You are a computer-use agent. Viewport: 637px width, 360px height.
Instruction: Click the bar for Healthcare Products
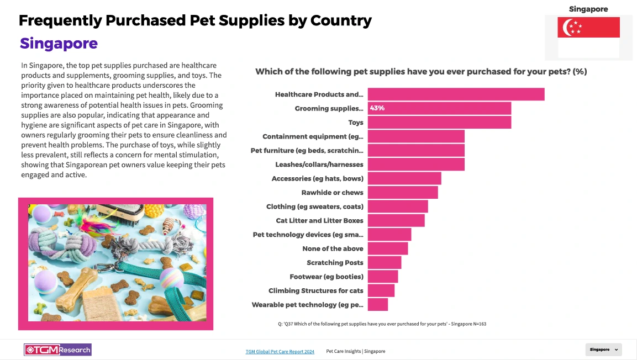[x=456, y=94]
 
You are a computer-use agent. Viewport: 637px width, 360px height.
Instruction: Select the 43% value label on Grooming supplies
[x=377, y=108]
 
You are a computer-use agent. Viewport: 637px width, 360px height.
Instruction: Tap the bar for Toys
[x=439, y=123]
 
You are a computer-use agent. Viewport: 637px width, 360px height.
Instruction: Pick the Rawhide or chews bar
[x=403, y=193]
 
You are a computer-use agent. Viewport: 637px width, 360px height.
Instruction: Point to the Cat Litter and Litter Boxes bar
[x=396, y=220]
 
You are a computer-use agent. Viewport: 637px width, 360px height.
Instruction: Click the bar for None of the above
[x=388, y=248]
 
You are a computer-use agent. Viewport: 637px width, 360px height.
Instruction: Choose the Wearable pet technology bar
[x=378, y=305]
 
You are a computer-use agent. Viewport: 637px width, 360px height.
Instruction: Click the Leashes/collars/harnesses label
[x=319, y=165]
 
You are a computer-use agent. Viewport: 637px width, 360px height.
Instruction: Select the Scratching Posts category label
[x=335, y=263]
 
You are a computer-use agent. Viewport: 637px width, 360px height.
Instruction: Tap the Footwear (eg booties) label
[x=327, y=277]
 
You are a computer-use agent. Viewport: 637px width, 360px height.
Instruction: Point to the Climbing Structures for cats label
[x=316, y=291]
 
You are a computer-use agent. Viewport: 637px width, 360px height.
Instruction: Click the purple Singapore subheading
[x=59, y=44]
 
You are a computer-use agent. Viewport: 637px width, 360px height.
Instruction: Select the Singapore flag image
[x=588, y=38]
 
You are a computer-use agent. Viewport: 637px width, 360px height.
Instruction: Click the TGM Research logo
[x=57, y=350]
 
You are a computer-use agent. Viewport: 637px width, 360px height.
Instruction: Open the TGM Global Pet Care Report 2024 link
[x=280, y=351]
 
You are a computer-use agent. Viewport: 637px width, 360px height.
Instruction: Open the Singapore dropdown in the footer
[x=603, y=350]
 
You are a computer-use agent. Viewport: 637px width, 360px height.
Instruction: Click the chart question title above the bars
[x=420, y=72]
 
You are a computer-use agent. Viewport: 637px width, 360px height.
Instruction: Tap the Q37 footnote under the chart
[x=382, y=324]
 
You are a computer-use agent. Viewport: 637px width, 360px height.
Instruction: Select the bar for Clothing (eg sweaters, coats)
[x=398, y=207]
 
